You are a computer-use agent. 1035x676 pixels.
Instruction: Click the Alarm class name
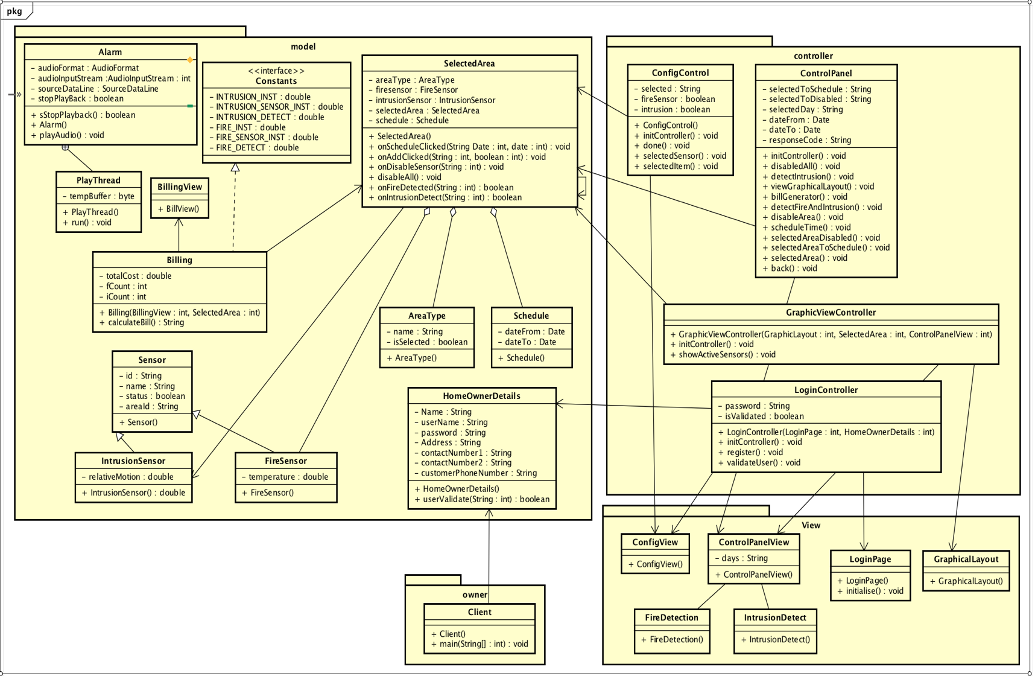pyautogui.click(x=110, y=53)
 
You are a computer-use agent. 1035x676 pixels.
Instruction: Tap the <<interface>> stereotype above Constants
pyautogui.click(x=276, y=71)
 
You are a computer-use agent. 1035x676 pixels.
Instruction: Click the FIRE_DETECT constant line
pyautogui.click(x=258, y=148)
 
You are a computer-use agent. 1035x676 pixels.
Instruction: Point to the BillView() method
pyautogui.click(x=179, y=209)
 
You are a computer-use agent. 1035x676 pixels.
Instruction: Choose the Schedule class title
pyautogui.click(x=531, y=316)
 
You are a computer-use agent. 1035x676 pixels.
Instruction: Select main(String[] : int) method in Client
pyautogui.click(x=480, y=644)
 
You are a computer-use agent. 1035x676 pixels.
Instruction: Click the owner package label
pyautogui.click(x=475, y=595)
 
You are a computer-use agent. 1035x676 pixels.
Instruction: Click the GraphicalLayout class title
pyautogui.click(x=966, y=560)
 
